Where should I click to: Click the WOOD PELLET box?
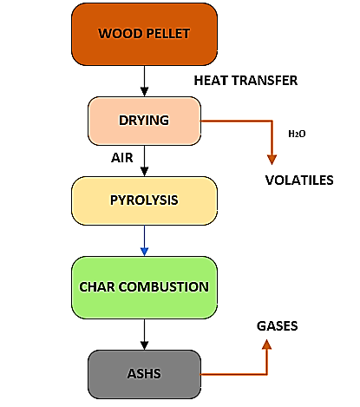coord(144,34)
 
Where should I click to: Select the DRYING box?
coord(144,121)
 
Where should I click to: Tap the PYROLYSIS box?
coord(144,200)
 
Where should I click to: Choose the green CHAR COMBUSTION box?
coord(144,287)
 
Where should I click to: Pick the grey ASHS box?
coord(144,374)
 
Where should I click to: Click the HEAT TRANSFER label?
coord(245,81)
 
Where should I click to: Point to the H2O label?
coord(297,134)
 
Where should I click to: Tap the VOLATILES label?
coord(299,181)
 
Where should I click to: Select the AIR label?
coord(122,158)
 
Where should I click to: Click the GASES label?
coord(277,326)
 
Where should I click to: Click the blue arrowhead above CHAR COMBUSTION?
coord(144,252)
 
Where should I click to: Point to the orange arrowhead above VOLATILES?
coord(272,160)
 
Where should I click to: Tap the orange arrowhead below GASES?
coord(266,345)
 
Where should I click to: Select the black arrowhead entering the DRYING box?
coord(144,92)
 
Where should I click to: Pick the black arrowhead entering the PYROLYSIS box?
coord(144,172)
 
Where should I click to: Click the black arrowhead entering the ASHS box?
coord(144,345)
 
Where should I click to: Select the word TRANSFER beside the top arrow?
coord(265,81)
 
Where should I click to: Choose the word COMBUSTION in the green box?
coord(164,287)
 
